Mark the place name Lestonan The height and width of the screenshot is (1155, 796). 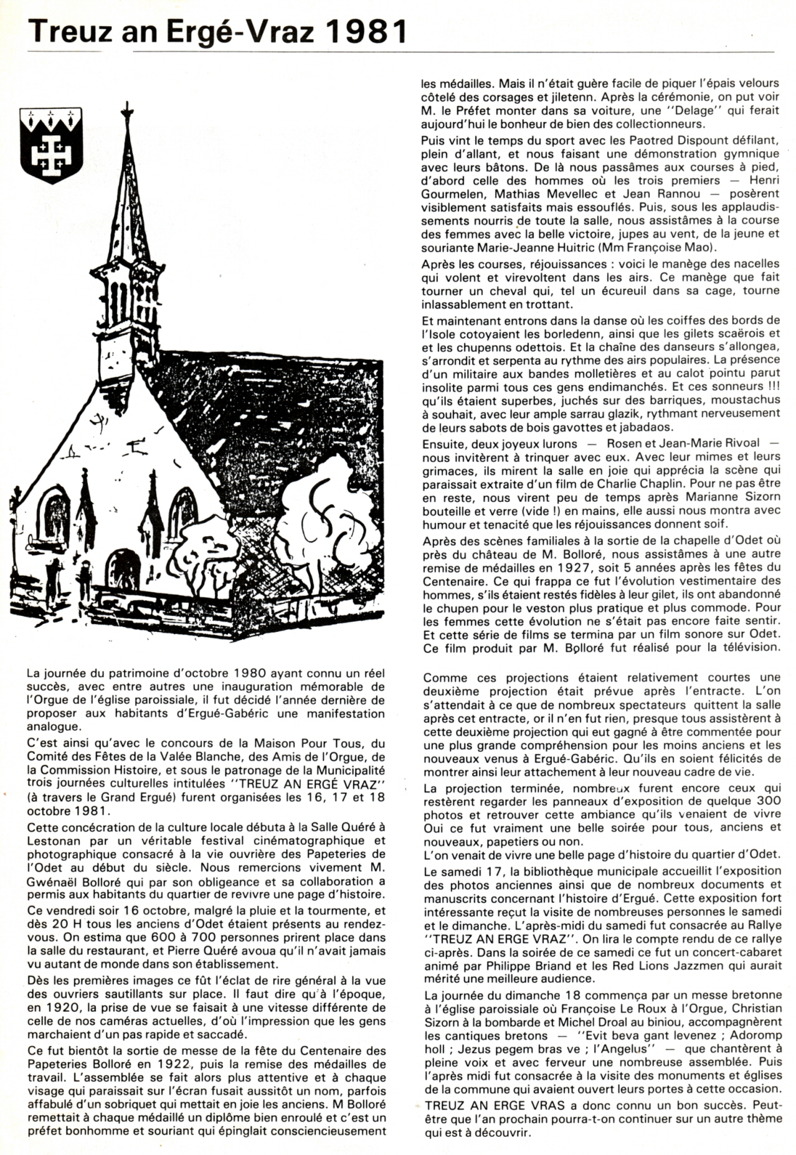pyautogui.click(x=52, y=841)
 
